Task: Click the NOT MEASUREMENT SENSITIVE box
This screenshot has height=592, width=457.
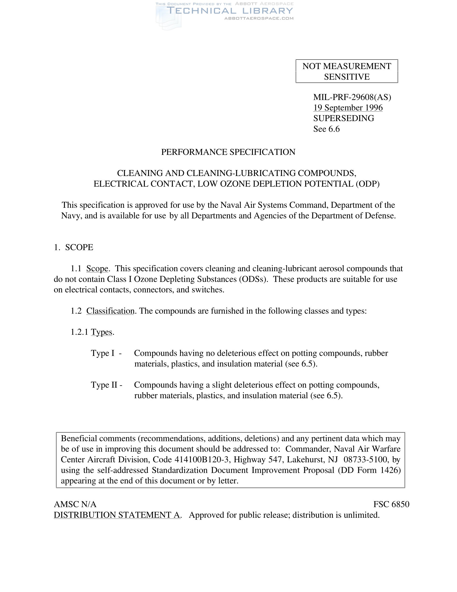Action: point(347,71)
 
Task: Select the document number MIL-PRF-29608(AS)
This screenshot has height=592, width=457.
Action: point(352,97)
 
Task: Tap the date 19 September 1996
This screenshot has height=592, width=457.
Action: point(348,108)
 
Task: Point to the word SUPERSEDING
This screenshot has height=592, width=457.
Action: point(344,118)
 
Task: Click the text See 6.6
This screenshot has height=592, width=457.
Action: point(326,129)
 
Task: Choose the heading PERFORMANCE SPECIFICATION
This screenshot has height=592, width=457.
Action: point(228,152)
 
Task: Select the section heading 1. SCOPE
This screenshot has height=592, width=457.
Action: point(73,247)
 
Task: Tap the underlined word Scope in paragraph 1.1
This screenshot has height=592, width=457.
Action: point(97,269)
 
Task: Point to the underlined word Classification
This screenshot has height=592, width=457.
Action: point(110,311)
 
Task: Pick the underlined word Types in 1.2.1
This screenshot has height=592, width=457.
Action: point(102,332)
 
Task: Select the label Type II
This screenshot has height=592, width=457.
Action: point(104,385)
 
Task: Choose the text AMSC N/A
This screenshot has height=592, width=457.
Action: point(75,504)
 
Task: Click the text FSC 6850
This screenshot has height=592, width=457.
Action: point(391,504)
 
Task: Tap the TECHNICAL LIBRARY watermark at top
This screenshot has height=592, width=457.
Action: point(230,11)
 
